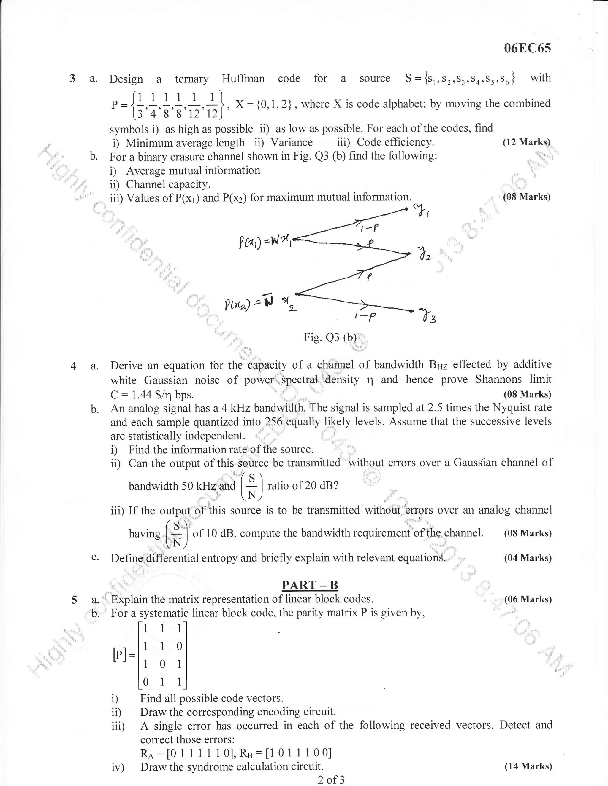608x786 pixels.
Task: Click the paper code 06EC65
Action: click(527, 48)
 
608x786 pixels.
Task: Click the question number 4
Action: click(74, 366)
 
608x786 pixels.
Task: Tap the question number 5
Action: click(74, 600)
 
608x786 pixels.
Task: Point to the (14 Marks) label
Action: click(528, 766)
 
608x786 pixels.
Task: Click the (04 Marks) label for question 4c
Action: click(528, 558)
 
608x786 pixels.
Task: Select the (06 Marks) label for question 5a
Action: click(528, 599)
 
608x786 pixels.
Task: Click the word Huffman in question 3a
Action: click(243, 79)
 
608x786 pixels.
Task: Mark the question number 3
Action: click(72, 78)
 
